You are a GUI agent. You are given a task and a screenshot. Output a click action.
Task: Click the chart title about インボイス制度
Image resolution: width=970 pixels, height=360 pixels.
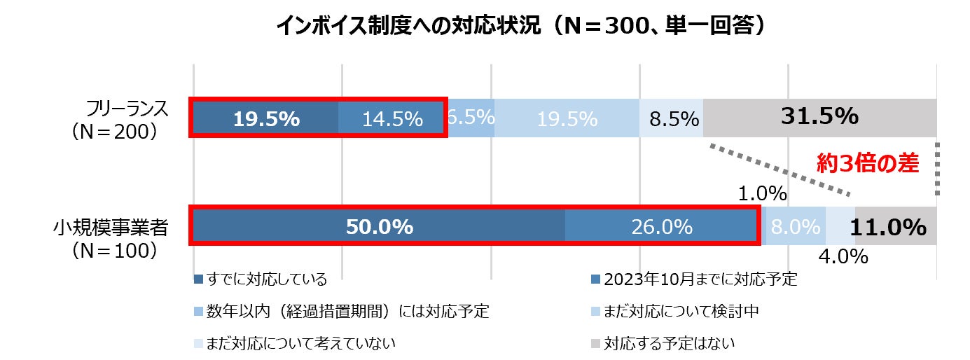pyautogui.click(x=519, y=26)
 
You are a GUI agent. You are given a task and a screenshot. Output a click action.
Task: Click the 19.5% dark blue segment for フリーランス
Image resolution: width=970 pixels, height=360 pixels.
pyautogui.click(x=266, y=119)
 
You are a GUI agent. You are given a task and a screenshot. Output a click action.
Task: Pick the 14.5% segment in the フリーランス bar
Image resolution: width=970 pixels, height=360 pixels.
pyautogui.click(x=392, y=119)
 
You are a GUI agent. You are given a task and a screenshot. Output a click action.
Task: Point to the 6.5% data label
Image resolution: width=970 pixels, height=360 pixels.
pyautogui.click(x=471, y=116)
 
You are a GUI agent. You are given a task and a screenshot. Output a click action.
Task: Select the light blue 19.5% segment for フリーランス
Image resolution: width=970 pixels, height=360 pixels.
pyautogui.click(x=567, y=119)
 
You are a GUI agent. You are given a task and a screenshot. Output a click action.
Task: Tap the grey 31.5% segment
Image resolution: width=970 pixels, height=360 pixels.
pyautogui.click(x=820, y=117)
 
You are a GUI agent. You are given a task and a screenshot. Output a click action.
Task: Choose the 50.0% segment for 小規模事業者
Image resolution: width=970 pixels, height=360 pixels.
pyautogui.click(x=379, y=227)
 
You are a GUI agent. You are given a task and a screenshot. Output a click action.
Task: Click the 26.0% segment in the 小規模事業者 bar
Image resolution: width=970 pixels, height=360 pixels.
pyautogui.click(x=661, y=227)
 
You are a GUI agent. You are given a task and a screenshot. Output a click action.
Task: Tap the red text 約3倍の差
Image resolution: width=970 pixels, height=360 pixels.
pyautogui.click(x=868, y=163)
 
